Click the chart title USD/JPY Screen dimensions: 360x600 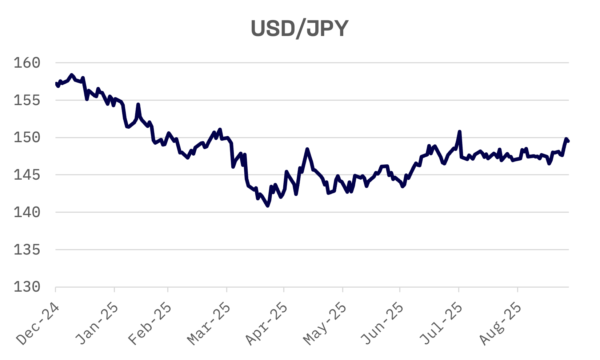coord(300,29)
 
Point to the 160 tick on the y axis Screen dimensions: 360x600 coord(27,63)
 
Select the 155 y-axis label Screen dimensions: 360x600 coord(27,100)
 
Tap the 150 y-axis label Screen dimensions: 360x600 coord(27,137)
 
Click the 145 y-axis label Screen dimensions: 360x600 coord(27,175)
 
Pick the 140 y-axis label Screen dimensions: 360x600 coord(27,212)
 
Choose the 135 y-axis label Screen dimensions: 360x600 coord(27,250)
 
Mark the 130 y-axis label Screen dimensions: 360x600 coord(27,287)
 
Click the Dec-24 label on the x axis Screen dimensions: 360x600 coord(38,324)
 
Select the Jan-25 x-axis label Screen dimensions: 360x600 coord(97,324)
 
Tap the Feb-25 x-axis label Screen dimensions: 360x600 coord(150,324)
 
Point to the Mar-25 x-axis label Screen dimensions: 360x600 coord(209,324)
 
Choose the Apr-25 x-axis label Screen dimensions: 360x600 coord(266,324)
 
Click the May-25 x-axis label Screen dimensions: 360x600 coord(325,324)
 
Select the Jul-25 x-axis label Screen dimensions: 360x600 coord(441,324)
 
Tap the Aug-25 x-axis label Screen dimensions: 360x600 coord(500,324)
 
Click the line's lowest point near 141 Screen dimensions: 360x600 coord(268,206)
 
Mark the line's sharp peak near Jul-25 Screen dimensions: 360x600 coord(460,132)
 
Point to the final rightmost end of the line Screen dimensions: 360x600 coord(568,141)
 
